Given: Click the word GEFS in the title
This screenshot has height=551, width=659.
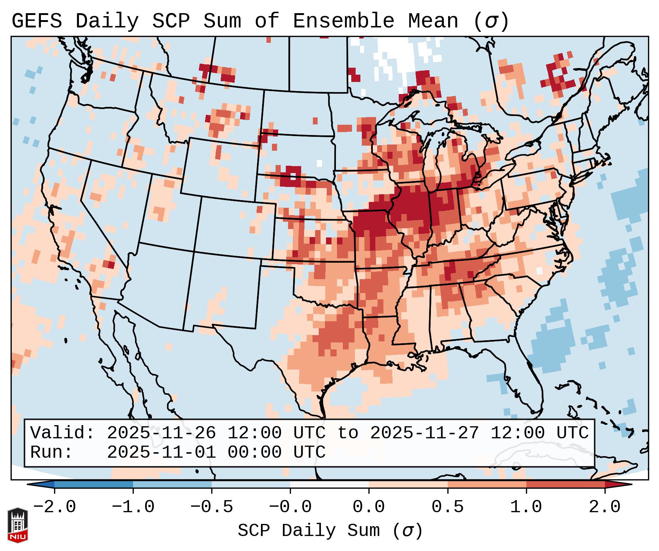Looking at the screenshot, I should tap(37, 21).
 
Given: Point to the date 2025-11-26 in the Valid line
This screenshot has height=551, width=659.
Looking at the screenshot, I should tap(161, 433).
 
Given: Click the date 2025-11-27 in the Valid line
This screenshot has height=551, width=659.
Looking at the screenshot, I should tap(424, 433).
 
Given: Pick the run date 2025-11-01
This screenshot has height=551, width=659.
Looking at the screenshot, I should tap(161, 453).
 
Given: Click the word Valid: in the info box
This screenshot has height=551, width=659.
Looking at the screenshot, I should tap(62, 433).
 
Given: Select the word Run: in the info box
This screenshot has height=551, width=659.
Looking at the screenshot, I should tap(51, 453).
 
